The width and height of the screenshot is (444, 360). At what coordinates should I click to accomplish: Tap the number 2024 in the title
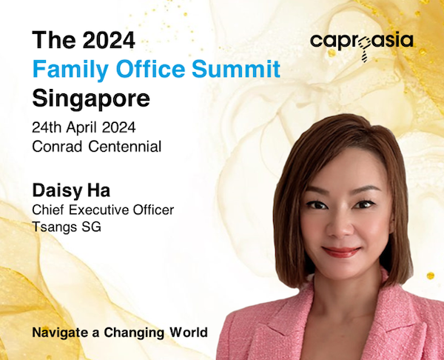[109, 40]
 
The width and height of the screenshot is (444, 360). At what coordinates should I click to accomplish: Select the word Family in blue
[70, 70]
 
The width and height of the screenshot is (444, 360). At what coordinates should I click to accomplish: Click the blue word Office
[150, 69]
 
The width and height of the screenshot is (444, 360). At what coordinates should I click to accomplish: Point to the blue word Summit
[236, 69]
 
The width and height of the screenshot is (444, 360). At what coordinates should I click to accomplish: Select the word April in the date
[82, 128]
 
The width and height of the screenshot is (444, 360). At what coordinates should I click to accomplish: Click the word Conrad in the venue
[57, 147]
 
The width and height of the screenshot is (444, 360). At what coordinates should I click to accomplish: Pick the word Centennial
[125, 147]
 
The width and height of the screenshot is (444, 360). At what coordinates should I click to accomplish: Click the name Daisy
[58, 191]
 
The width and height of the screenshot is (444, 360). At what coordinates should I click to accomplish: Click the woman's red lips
[341, 251]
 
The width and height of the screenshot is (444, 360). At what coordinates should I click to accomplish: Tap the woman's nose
[339, 227]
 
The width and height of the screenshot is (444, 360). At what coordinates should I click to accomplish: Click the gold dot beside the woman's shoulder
[431, 276]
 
